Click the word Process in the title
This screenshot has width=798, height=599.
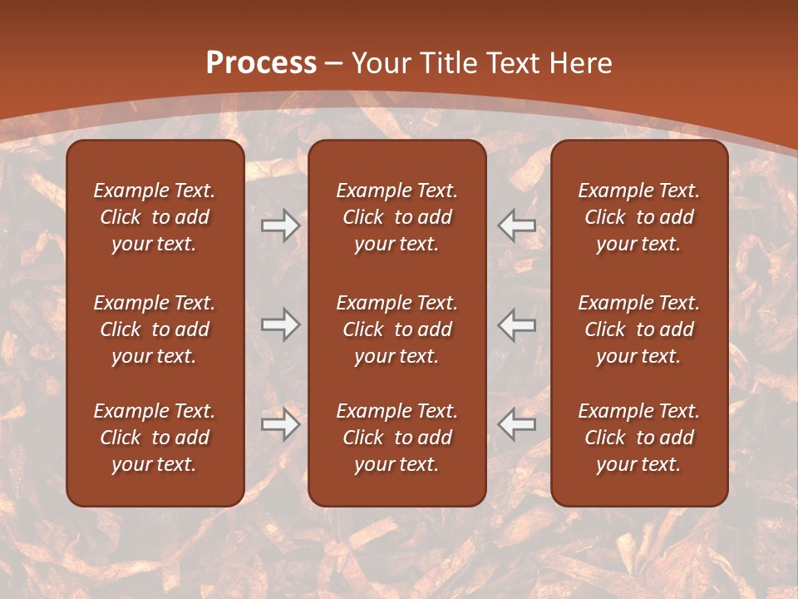click(261, 62)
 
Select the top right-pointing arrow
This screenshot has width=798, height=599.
click(280, 225)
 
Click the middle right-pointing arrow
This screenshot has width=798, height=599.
click(280, 324)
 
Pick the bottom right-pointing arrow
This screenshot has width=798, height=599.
click(280, 424)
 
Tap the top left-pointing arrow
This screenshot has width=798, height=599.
click(517, 225)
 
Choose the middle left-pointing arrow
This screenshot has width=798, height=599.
click(517, 324)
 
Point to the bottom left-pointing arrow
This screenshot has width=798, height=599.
click(517, 424)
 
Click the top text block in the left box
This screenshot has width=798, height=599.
click(155, 217)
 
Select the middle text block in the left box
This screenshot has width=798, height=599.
click(155, 329)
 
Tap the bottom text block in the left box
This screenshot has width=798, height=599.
click(155, 438)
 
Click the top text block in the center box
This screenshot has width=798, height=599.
click(397, 217)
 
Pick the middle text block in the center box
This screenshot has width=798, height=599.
click(397, 329)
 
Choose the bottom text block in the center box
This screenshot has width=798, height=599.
click(397, 438)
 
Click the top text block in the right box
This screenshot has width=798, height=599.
click(638, 217)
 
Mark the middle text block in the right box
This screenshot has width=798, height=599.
click(638, 329)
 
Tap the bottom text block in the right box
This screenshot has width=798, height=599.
click(638, 438)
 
